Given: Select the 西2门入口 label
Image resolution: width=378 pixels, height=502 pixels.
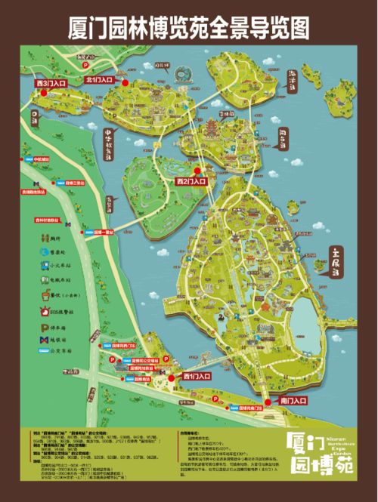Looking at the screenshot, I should (191, 182).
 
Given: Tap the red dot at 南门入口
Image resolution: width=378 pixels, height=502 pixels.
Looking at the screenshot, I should (265, 399).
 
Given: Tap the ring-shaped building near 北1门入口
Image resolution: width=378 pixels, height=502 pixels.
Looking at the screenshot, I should (182, 75).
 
